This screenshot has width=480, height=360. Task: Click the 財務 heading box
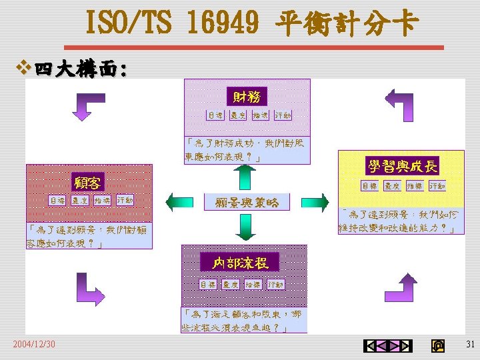tap(247, 97)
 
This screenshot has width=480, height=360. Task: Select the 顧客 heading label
tap(87, 182)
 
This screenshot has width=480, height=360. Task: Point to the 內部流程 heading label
tap(241, 263)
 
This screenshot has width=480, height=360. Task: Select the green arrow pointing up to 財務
tap(245, 177)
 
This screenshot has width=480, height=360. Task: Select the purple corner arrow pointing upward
tap(401, 288)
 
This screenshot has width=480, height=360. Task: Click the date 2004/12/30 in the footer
tap(34, 344)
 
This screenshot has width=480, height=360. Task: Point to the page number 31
tap(469, 344)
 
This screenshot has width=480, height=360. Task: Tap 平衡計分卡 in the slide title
tap(347, 24)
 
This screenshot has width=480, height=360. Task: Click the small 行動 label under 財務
tap(283, 115)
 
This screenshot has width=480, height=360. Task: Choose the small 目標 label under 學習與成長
tap(369, 186)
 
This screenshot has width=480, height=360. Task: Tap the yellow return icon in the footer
tap(438, 345)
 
